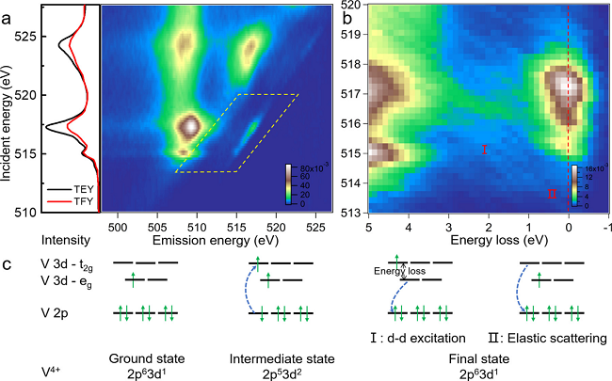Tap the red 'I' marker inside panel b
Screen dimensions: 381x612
pyautogui.click(x=484, y=150)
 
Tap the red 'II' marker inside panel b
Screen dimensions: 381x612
pyautogui.click(x=552, y=195)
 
